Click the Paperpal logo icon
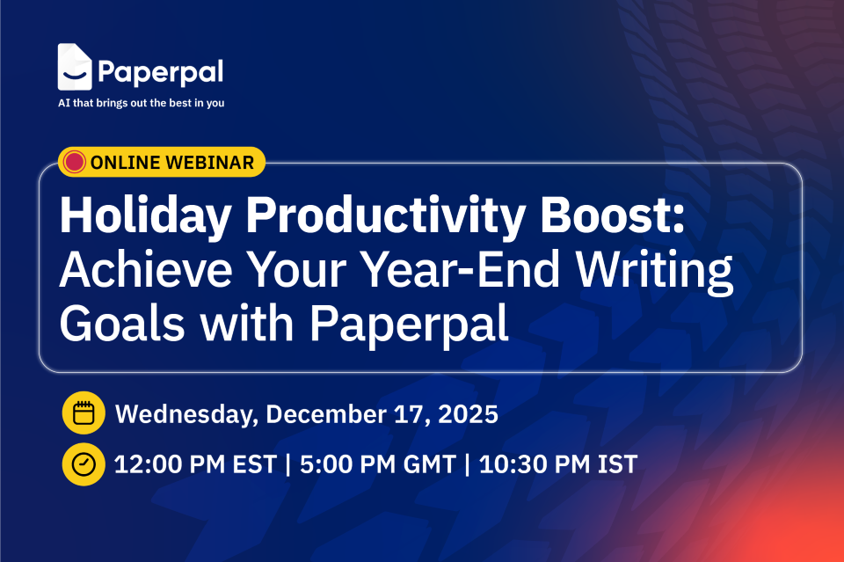75,67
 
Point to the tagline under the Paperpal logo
141,103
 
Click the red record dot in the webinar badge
75,162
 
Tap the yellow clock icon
84,464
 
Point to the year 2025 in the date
467,414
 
